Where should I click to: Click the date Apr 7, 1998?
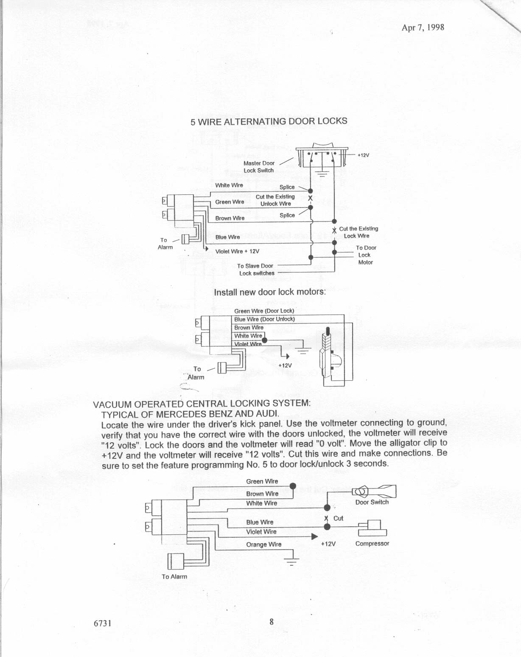point(423,28)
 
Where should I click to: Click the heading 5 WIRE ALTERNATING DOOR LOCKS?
point(269,121)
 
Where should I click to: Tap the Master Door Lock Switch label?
point(259,167)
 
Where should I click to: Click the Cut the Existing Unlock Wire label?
point(275,200)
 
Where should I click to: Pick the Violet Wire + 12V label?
point(237,251)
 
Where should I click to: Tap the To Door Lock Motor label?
point(366,255)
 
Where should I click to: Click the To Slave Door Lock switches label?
point(256,270)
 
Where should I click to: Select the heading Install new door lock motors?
point(270,292)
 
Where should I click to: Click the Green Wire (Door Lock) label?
point(264,311)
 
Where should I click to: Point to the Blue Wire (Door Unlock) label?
point(264,319)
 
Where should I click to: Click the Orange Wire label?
point(263,545)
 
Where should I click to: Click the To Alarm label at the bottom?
point(174,577)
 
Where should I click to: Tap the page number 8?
point(272,622)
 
